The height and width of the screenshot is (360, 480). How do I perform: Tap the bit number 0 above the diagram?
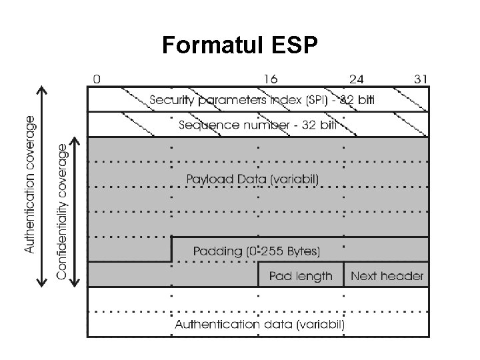97,79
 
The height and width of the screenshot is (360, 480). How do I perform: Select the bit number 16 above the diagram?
271,79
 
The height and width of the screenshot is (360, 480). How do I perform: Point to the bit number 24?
356,79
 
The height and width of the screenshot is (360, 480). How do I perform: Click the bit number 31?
421,79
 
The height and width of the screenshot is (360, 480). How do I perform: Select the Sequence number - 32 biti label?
260,124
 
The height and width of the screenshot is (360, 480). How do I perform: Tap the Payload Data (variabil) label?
253,179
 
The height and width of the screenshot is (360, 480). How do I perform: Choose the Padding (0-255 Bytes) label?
257,251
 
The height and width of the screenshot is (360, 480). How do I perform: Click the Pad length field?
301,276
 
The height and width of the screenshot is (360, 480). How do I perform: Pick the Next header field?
387,276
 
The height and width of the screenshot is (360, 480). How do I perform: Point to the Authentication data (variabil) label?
259,325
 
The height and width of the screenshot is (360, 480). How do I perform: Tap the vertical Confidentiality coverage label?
62,212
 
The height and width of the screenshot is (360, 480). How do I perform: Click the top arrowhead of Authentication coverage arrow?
43,90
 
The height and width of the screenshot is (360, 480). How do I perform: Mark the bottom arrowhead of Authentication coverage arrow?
43,285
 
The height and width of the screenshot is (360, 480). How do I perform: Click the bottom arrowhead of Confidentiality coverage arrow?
76,285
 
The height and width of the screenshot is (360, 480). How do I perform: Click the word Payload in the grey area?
206,179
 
